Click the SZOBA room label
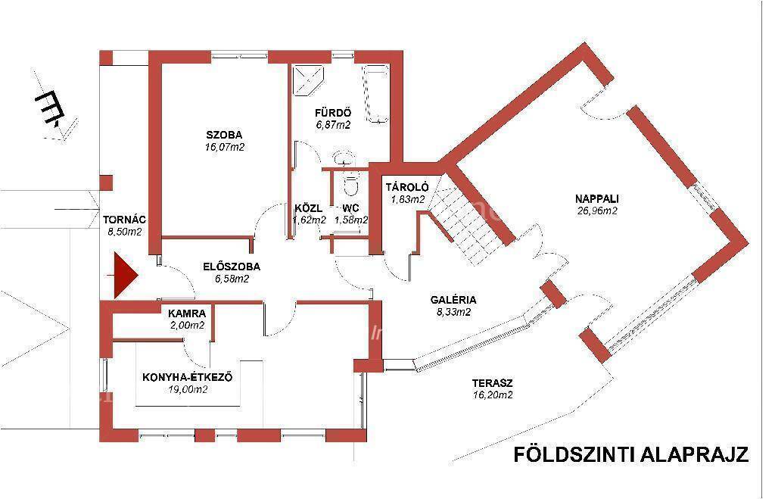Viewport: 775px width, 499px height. pyautogui.click(x=224, y=135)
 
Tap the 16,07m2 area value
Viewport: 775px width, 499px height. pyautogui.click(x=225, y=147)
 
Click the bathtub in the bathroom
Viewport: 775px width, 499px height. pyautogui.click(x=377, y=93)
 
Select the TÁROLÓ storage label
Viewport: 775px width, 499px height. pyautogui.click(x=407, y=188)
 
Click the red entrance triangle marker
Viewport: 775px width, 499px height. pyautogui.click(x=125, y=276)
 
